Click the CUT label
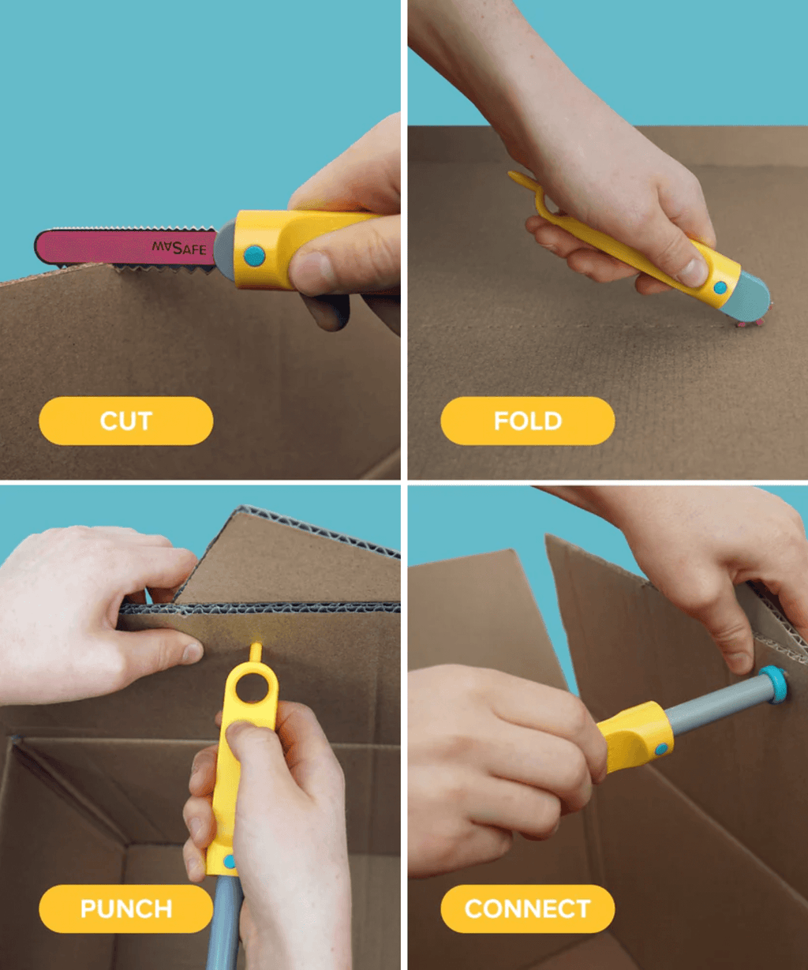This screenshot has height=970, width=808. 125,421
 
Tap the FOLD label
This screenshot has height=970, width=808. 527,421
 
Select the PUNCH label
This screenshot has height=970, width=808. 125,908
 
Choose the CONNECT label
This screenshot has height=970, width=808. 527,908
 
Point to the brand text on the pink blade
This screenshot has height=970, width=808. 179,248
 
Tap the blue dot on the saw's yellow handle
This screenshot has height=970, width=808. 254,255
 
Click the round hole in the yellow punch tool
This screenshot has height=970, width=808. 252,686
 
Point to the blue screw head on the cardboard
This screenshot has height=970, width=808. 775,683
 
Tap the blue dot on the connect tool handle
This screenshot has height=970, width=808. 661,748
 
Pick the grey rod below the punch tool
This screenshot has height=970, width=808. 224,923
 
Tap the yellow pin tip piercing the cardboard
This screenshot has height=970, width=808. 254,651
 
